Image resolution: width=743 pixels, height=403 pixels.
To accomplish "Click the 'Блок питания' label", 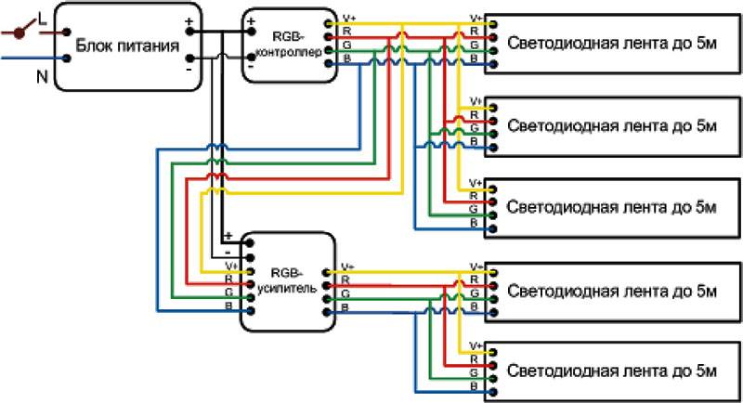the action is [127, 45].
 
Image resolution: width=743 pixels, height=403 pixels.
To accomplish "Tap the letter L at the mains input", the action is [43, 19].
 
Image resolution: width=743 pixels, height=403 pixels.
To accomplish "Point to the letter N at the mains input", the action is [42, 76].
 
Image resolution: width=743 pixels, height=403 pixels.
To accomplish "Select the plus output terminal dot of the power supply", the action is [189, 32].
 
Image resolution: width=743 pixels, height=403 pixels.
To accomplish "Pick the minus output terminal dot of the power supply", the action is [189, 58].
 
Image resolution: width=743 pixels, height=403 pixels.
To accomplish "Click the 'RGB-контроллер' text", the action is [289, 45].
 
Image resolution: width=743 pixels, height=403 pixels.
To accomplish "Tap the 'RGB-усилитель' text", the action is [287, 280].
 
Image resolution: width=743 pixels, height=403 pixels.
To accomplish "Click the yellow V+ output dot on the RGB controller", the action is [329, 23].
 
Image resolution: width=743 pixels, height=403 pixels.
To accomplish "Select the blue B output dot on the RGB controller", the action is [329, 63].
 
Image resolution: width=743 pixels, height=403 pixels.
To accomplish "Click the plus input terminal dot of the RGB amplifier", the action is [250, 243].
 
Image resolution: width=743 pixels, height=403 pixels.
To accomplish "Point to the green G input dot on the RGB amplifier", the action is [250, 297].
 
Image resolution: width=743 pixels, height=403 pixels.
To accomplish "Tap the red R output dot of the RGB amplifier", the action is [327, 286].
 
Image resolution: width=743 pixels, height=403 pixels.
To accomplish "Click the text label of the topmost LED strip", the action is [612, 43].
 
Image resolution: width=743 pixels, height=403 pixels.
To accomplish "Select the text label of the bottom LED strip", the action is [612, 370].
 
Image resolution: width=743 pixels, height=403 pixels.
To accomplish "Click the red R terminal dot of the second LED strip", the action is [493, 121].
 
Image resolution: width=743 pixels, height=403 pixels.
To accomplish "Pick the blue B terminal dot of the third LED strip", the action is [493, 229].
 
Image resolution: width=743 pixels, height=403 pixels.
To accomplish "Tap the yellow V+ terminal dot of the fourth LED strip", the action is [493, 273].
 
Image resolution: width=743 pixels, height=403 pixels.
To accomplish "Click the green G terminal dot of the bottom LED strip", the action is [493, 379].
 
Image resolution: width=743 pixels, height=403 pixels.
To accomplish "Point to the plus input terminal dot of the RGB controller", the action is [251, 32].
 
